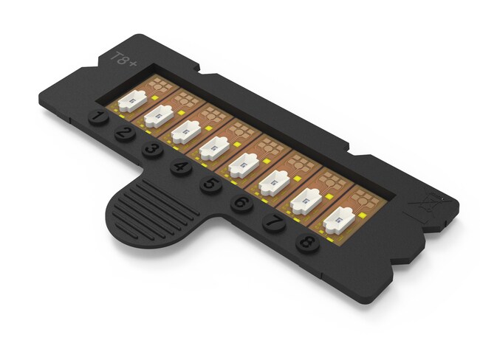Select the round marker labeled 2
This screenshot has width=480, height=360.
124,134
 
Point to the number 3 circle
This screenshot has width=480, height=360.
152,150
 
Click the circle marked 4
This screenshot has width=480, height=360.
180,167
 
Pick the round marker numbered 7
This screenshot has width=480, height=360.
272,221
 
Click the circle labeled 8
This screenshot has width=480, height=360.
306,240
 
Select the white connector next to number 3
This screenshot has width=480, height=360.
185,131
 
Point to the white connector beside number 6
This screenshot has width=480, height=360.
273,181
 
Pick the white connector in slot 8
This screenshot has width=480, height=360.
339,219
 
